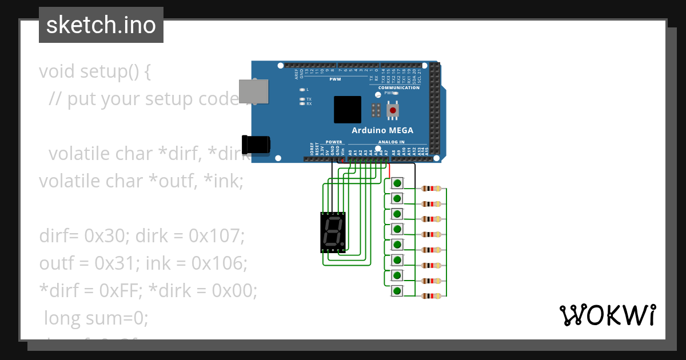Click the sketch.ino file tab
point(101,25)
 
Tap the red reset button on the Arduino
point(393,110)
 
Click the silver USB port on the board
point(253,91)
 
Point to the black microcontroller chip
point(348,109)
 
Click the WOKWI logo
point(607,315)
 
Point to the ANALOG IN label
point(391,142)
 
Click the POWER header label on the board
point(334,142)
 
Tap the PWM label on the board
point(335,79)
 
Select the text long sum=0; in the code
point(96,318)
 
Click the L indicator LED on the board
point(302,90)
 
